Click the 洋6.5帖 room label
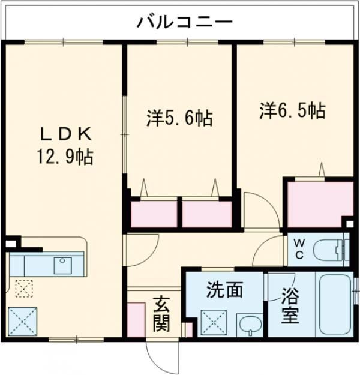pos(293,110)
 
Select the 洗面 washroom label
pos(225,290)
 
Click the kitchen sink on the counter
pos(62,264)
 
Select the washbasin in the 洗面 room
pos(248,325)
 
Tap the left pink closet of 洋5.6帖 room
pos(154,214)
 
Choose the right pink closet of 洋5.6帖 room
pos(206,214)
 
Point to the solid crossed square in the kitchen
pos(23,322)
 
